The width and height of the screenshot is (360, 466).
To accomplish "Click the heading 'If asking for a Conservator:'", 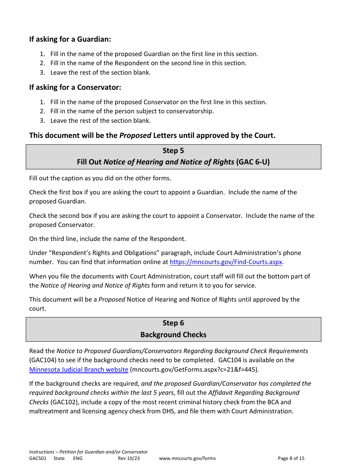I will point(75,87).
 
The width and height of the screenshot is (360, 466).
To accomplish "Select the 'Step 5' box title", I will point(173,150).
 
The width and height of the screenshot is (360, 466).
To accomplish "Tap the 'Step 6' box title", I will point(173,323).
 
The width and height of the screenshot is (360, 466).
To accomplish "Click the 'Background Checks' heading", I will point(173,335).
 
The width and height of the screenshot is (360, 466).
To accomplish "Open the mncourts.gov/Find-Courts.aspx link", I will point(226,262).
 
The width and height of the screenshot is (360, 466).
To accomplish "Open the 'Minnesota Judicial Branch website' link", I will point(79,369).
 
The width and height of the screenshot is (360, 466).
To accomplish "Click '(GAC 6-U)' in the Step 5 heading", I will point(253,162).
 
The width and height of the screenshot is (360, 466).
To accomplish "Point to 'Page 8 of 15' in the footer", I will point(291,458).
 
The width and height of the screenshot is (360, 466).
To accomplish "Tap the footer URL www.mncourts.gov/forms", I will point(187,458).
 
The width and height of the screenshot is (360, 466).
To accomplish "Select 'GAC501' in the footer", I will point(38,458).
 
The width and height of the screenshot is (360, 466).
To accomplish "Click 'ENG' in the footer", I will point(78,458).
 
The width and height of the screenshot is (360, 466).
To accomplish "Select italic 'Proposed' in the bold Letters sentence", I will point(135,135).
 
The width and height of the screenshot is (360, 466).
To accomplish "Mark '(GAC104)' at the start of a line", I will point(43,360).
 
